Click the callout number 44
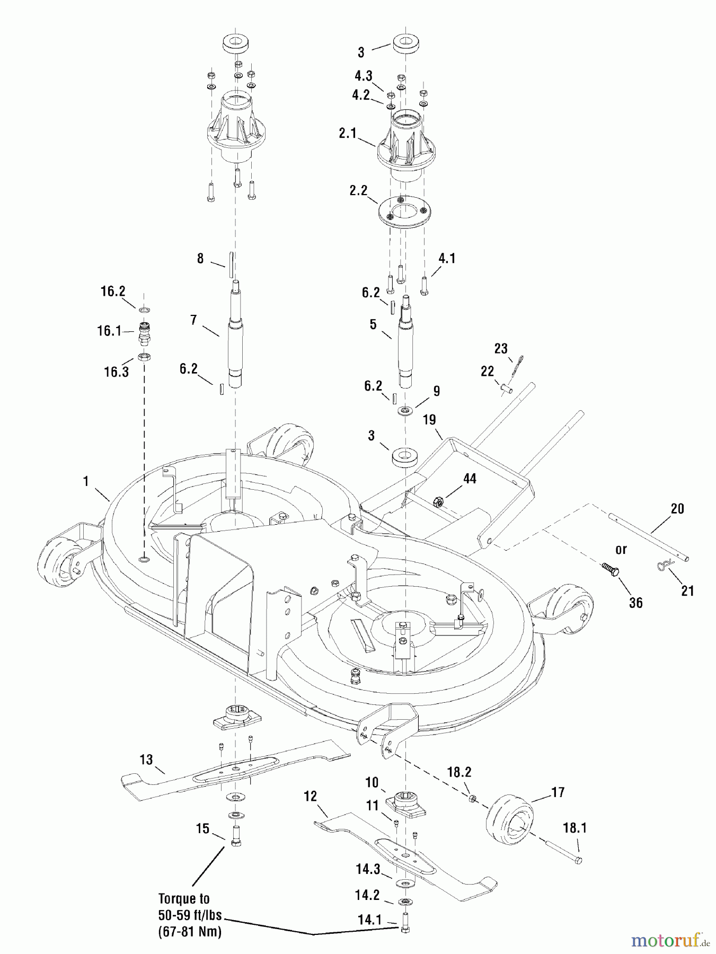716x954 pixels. pos(470,479)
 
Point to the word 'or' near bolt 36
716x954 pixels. pos(621,550)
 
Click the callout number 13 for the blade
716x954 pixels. pos(146,759)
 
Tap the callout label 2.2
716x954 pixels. pos(358,190)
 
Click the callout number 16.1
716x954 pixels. pos(109,331)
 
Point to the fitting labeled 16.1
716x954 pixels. pos(144,332)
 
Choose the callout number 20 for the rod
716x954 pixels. pos(677,509)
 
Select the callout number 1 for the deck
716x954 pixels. pos(85,481)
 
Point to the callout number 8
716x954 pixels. pos(200,259)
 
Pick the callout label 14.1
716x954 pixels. pos(369,920)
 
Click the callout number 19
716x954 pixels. pos(429,420)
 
